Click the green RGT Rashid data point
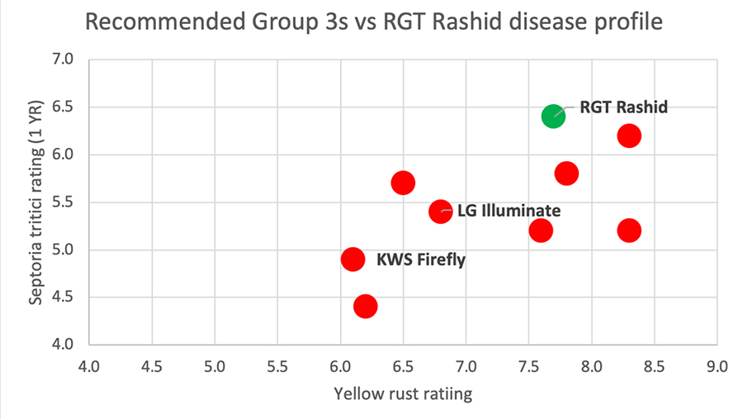click(x=553, y=116)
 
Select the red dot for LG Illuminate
click(x=441, y=212)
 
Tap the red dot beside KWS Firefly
click(x=353, y=259)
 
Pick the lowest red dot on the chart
click(x=365, y=307)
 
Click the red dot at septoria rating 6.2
click(x=629, y=136)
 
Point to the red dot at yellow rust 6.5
click(x=403, y=183)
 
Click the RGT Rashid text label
click(x=623, y=107)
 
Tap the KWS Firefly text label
click(x=421, y=259)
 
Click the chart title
click(x=374, y=22)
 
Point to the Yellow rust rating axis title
click(x=402, y=394)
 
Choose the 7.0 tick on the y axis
click(x=64, y=60)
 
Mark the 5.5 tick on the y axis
click(x=64, y=202)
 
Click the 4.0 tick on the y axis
click(x=64, y=345)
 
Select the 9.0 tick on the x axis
click(x=716, y=364)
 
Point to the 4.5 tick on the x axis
click(x=152, y=364)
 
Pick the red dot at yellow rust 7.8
click(x=566, y=174)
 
